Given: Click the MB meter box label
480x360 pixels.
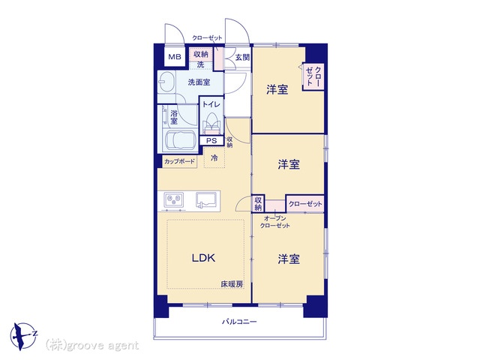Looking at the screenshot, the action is pyautogui.click(x=175, y=57).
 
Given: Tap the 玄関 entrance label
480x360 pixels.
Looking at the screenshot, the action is pyautogui.click(x=242, y=57).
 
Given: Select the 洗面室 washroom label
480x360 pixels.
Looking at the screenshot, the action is pyautogui.click(x=199, y=82).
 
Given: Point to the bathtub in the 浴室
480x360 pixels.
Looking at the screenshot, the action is pyautogui.click(x=180, y=140).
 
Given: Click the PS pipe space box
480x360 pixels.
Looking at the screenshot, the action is pyautogui.click(x=211, y=140).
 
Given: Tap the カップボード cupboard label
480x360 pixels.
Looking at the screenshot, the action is pyautogui.click(x=179, y=161).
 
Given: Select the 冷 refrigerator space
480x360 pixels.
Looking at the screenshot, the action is pyautogui.click(x=214, y=158).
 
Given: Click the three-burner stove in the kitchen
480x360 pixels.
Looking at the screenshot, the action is pyautogui.click(x=174, y=200).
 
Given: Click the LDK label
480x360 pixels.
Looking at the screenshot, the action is pyautogui.click(x=203, y=258).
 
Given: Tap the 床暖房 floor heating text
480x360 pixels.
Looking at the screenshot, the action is pyautogui.click(x=232, y=284).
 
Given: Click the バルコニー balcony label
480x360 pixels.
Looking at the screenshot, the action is pyautogui.click(x=239, y=322).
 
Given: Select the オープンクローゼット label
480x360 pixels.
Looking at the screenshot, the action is pyautogui.click(x=275, y=222).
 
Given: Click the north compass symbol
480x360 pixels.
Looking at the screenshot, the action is pyautogui.click(x=23, y=336).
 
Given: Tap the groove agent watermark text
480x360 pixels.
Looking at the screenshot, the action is pyautogui.click(x=92, y=345).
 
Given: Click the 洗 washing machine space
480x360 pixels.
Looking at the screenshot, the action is pyautogui.click(x=200, y=65).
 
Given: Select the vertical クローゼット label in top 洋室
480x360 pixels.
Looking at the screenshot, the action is pyautogui.click(x=313, y=76).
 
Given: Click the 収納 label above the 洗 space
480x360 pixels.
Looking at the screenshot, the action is pyautogui.click(x=201, y=54).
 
